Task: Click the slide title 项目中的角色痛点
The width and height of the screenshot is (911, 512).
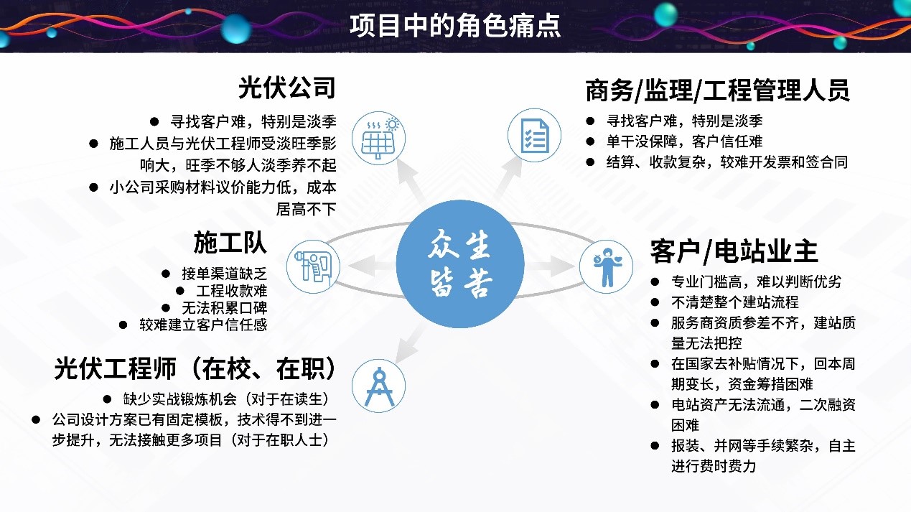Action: pos(455,26)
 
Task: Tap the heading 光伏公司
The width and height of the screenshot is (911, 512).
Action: pos(287,89)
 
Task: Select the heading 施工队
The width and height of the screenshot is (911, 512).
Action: pos(230,243)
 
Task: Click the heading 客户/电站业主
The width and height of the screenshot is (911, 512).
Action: pos(734,251)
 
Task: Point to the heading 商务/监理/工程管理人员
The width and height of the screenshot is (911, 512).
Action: pos(717,91)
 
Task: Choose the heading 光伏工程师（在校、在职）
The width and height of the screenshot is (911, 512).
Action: pos(195,369)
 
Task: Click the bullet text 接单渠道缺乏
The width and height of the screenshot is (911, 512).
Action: pos(224,274)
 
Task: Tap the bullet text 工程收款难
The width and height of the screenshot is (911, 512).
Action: pos(231,291)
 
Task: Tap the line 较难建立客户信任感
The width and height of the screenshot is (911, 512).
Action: pos(203,325)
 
